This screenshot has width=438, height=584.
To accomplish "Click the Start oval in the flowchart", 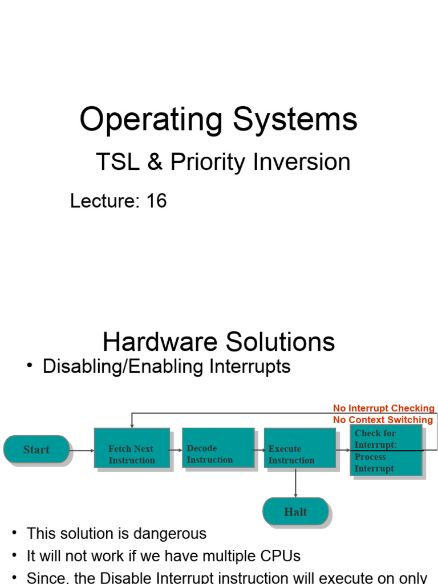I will (36, 449).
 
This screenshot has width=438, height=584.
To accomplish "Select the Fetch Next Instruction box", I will (132, 448).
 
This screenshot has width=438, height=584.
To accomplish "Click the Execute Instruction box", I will (299, 448).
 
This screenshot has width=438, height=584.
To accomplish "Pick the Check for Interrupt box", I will (386, 450).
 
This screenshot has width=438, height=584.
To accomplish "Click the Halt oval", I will (295, 511).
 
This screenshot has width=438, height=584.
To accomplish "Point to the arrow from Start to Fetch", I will (82, 450).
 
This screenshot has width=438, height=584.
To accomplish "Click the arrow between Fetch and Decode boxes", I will (176, 450).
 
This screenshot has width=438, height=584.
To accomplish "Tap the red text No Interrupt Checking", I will (383, 408).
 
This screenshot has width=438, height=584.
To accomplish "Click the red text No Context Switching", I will (383, 420).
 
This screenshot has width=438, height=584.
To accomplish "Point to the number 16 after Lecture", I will (156, 201).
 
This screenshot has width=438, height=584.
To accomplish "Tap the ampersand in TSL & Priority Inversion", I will (155, 163).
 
